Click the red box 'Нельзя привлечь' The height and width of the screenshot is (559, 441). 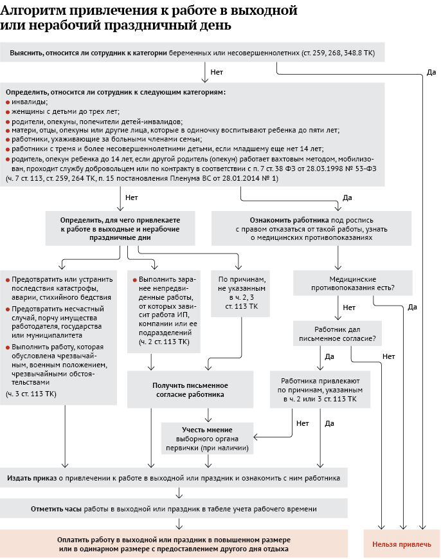402,544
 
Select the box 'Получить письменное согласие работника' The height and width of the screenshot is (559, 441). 190,390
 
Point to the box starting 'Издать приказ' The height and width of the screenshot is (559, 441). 174,479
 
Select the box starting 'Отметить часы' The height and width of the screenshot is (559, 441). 174,509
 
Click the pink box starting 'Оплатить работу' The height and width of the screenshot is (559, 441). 174,544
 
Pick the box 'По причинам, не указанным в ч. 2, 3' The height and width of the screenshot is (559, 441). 239,293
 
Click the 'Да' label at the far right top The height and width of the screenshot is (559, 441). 431,72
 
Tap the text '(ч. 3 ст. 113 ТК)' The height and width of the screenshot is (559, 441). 31,393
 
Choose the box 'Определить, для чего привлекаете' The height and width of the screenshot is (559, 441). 120,228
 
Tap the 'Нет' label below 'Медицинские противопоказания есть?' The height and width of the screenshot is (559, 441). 349,307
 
